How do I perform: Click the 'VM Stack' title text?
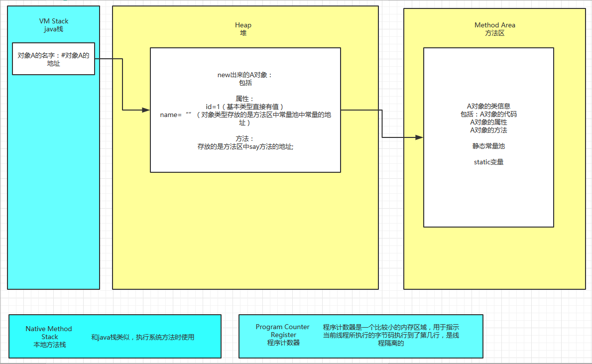click(54, 21)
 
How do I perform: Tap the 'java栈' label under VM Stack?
click(54, 29)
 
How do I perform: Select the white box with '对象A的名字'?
click(53, 59)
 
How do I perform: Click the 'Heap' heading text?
click(243, 25)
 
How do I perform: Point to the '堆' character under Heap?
click(243, 33)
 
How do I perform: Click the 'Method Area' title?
click(494, 25)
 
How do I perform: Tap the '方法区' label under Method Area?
click(494, 33)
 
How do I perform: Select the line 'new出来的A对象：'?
click(245, 75)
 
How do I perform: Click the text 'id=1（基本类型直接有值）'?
click(245, 107)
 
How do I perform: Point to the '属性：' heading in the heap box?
click(245, 99)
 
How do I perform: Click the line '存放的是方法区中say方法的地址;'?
click(245, 146)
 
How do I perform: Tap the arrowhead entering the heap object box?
click(146, 110)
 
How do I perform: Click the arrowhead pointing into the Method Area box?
click(420, 137)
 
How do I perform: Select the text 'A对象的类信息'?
click(488, 106)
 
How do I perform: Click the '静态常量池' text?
click(488, 146)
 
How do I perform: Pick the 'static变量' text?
click(488, 162)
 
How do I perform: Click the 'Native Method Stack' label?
click(49, 333)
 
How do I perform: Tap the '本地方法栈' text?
click(49, 345)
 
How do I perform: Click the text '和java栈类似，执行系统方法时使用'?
click(142, 337)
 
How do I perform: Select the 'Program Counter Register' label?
click(283, 331)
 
